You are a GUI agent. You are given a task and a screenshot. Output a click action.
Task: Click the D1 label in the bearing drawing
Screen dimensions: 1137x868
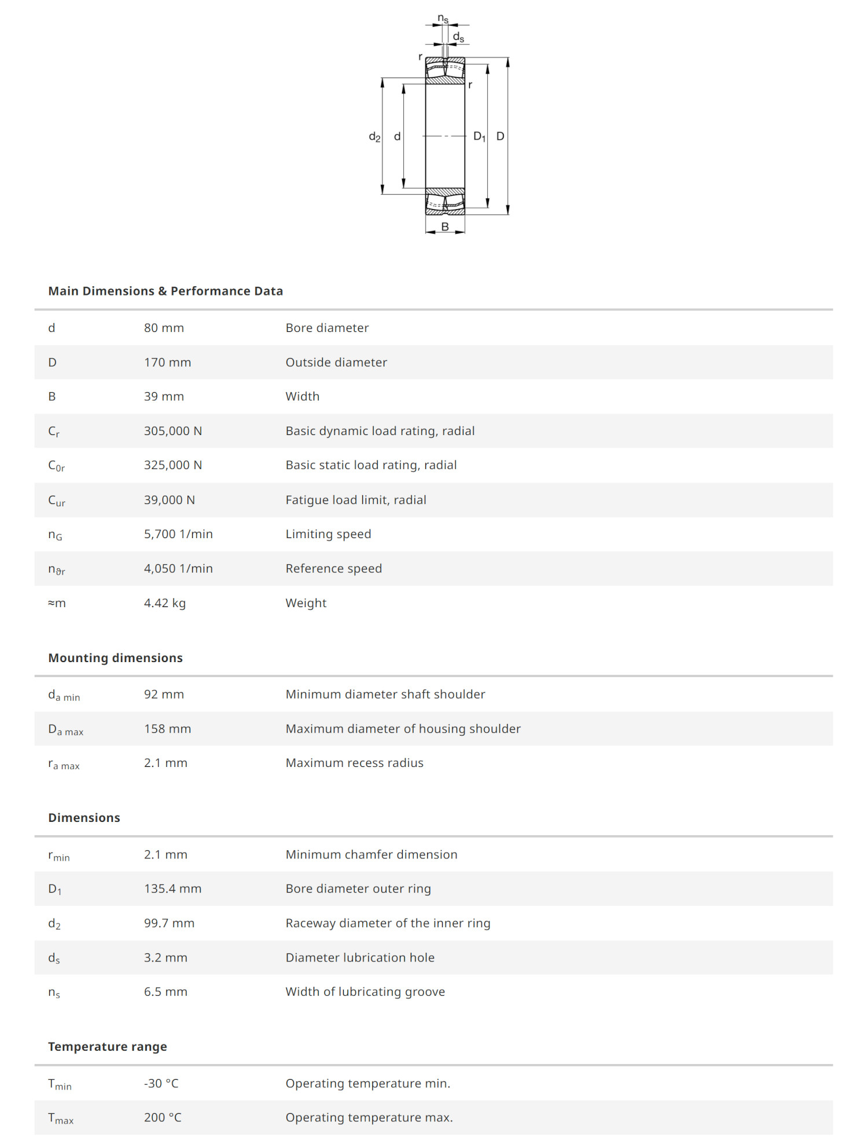click(x=479, y=137)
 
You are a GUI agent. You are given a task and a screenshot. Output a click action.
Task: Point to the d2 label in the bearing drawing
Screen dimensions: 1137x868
click(x=374, y=137)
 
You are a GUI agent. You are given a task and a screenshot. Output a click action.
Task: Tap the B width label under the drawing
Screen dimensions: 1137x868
click(x=445, y=226)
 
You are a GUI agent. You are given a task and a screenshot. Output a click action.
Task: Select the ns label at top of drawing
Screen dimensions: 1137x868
click(x=443, y=19)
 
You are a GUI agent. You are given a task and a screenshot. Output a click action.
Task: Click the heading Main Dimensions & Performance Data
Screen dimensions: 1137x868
click(x=165, y=291)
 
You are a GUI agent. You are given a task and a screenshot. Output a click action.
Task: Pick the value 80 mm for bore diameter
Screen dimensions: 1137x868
click(x=164, y=328)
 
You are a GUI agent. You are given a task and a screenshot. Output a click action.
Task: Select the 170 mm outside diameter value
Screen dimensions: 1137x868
click(x=167, y=363)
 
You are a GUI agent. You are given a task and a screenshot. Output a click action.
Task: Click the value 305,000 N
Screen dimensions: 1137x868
click(x=173, y=431)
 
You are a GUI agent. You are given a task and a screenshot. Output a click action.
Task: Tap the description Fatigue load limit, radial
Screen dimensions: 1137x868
click(x=355, y=500)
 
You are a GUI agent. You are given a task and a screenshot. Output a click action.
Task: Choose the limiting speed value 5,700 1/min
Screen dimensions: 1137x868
click(x=178, y=534)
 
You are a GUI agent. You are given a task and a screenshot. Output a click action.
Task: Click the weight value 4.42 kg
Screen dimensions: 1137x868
click(x=165, y=603)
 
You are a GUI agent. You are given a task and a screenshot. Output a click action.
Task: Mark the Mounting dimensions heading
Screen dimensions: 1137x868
click(x=115, y=658)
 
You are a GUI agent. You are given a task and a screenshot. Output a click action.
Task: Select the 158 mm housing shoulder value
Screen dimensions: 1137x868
click(x=167, y=729)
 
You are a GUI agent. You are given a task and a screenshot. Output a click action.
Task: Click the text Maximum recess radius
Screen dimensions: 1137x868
click(x=354, y=763)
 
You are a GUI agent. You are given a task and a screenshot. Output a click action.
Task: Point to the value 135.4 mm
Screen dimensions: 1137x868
click(x=172, y=889)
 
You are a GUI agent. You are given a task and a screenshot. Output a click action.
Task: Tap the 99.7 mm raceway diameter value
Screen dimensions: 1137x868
click(x=169, y=923)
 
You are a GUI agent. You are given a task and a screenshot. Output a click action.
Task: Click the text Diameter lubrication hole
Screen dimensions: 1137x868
click(x=359, y=957)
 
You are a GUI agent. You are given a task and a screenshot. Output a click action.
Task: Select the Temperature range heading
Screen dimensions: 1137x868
click(x=108, y=1047)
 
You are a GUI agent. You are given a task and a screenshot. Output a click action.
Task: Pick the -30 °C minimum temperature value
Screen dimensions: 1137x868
click(x=161, y=1083)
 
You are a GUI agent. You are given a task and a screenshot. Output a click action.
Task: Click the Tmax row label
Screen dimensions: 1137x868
click(x=60, y=1118)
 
